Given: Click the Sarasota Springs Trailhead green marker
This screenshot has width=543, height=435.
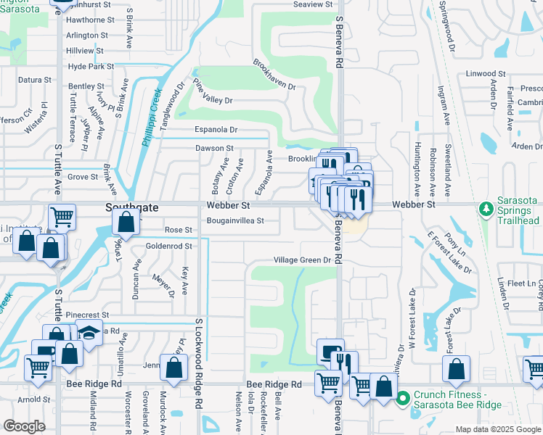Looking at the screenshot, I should pos(486,210).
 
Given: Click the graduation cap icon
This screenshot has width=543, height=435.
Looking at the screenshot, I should pos(89,334).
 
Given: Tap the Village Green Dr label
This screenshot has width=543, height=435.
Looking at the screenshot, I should pos(302,260).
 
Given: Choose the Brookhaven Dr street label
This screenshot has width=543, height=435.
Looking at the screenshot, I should pos(274,75).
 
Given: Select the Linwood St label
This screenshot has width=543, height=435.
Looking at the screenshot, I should pos(486,74).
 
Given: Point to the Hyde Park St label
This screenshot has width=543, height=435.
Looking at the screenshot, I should pos(91,66).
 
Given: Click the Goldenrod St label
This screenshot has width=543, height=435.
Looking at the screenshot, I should pos(168,246).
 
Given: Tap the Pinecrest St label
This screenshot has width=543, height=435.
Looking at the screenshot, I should pos(87,315).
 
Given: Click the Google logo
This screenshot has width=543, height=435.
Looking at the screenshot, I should pos(24,426).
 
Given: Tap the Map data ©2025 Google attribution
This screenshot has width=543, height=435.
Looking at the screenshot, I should pos(497,429).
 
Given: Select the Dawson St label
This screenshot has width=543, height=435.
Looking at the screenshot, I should pos(214,148).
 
